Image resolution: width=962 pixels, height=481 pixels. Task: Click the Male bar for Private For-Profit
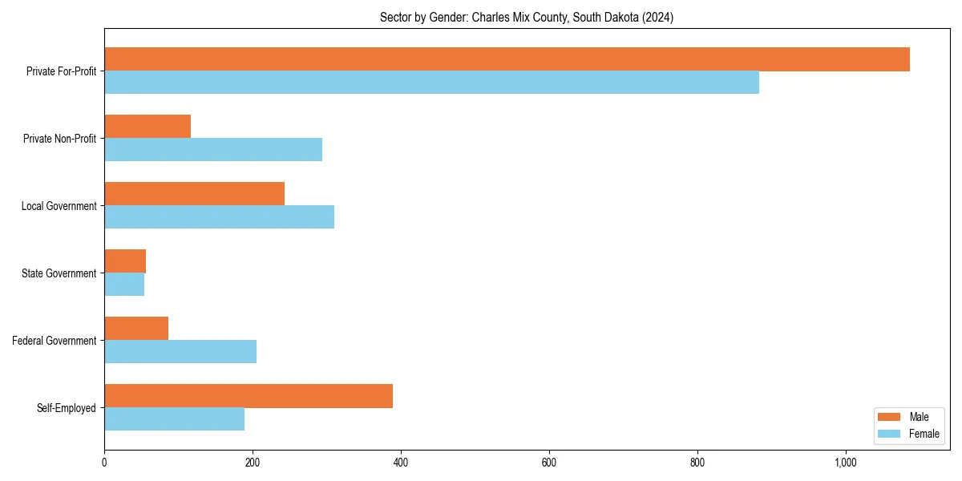pyautogui.click(x=507, y=59)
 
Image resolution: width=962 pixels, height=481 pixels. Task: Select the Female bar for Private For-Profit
pyautogui.click(x=431, y=83)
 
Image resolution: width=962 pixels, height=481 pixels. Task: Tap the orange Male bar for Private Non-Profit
pyautogui.click(x=148, y=127)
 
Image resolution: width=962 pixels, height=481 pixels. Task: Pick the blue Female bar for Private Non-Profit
pyautogui.click(x=213, y=150)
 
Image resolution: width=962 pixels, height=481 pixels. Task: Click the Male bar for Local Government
pyautogui.click(x=194, y=194)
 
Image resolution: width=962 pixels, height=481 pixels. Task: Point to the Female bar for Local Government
pyautogui.click(x=219, y=217)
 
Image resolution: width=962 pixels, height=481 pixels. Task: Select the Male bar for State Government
pyautogui.click(x=125, y=261)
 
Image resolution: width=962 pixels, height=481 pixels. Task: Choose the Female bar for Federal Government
pyautogui.click(x=180, y=352)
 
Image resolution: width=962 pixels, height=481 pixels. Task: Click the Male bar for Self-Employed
pyautogui.click(x=249, y=396)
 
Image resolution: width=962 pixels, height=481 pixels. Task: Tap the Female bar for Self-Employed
pyautogui.click(x=174, y=419)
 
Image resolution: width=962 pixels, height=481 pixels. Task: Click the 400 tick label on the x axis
pyautogui.click(x=401, y=463)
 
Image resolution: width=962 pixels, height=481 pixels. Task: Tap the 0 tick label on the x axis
pyautogui.click(x=104, y=463)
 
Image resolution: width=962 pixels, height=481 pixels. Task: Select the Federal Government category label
pyautogui.click(x=55, y=341)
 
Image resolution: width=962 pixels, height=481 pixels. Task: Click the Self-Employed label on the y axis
pyautogui.click(x=67, y=408)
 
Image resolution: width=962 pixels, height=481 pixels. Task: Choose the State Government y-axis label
pyautogui.click(x=59, y=273)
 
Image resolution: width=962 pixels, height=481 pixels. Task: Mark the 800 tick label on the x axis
pyautogui.click(x=697, y=463)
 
